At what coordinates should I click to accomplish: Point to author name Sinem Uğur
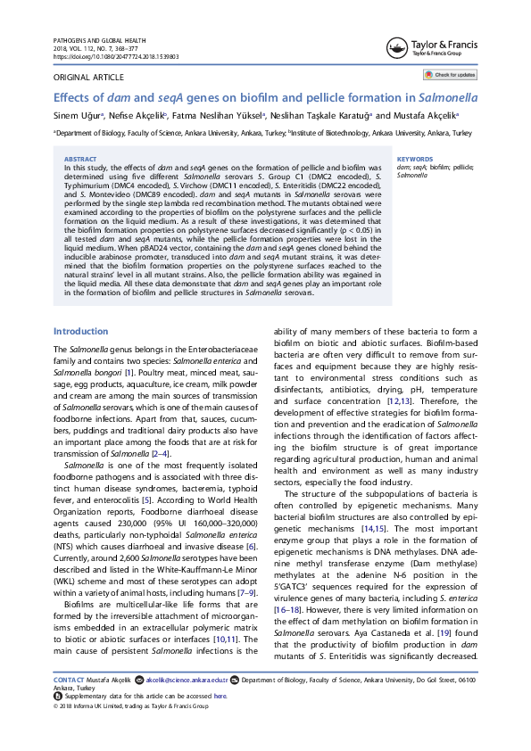pyautogui.click(x=78, y=115)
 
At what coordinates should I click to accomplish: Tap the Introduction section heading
pyautogui.click(x=81, y=306)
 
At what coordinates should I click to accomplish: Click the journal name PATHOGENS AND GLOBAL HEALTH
pyautogui.click(x=100, y=41)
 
